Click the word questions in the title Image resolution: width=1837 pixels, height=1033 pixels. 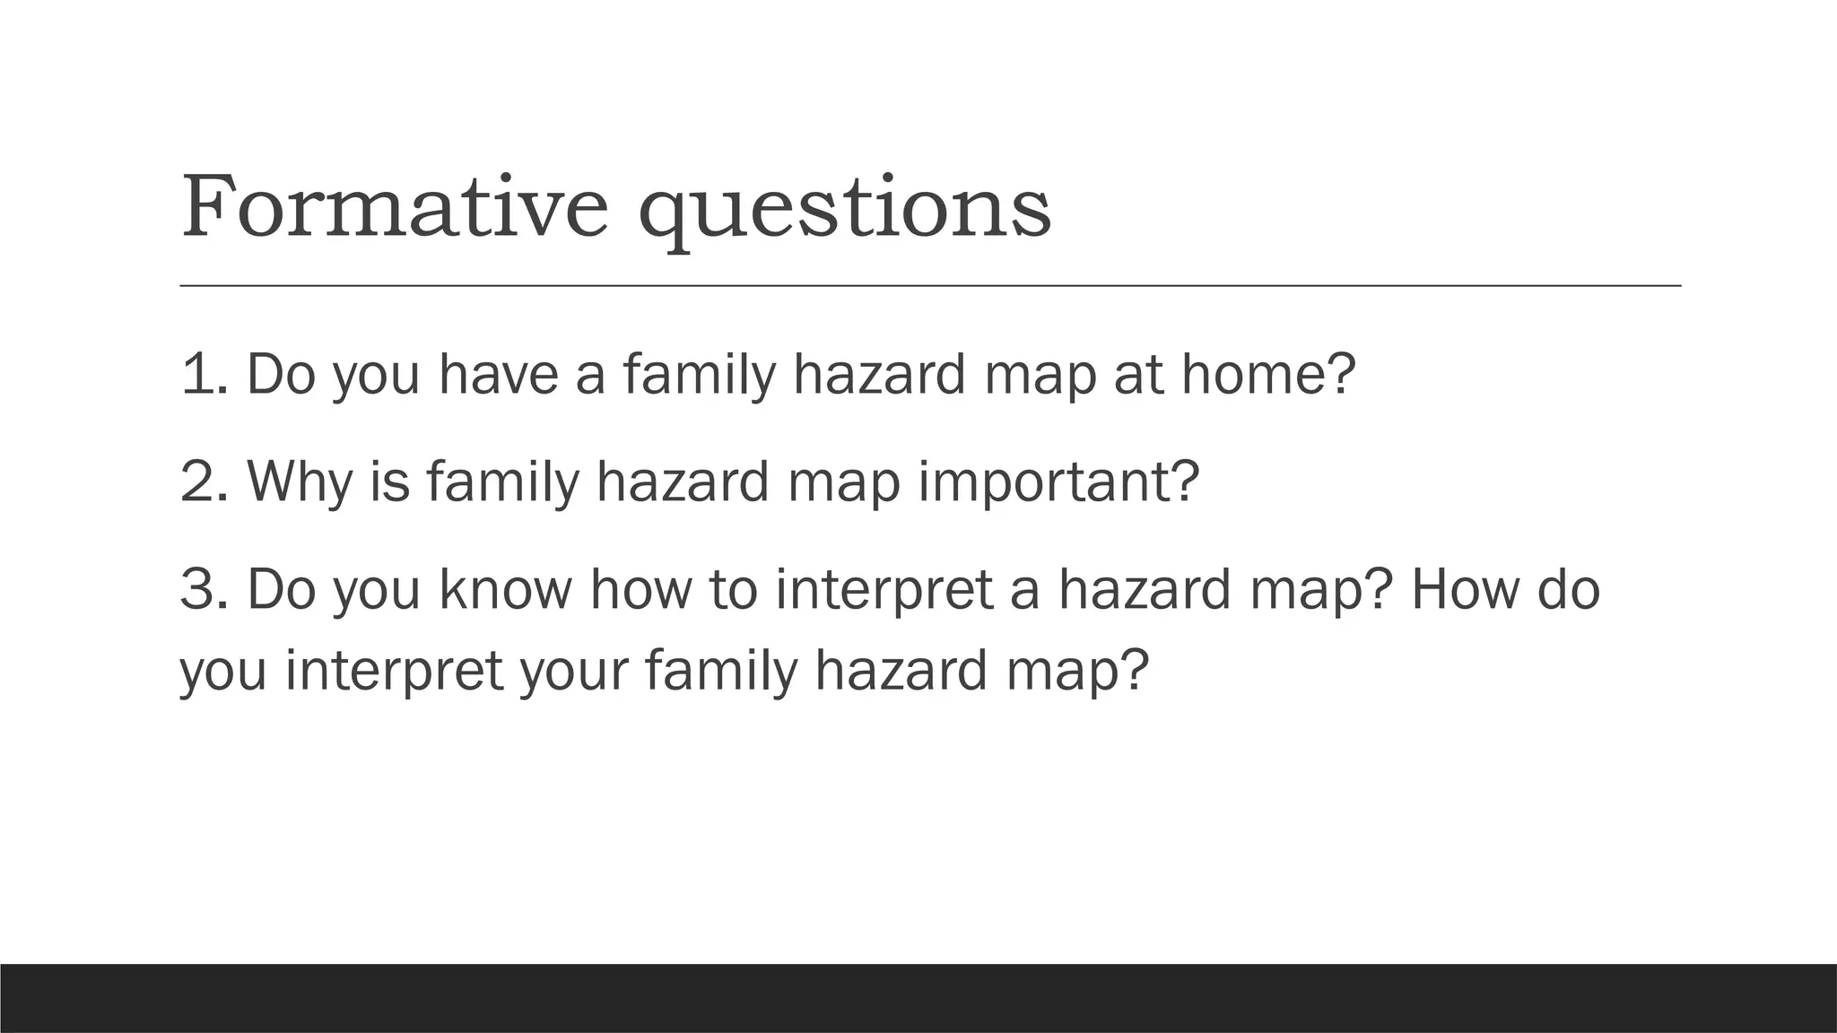point(844,212)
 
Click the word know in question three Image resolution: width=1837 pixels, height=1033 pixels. point(505,589)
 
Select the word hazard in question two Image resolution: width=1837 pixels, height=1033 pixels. point(682,482)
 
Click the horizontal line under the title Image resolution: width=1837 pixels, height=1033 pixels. point(929,286)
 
